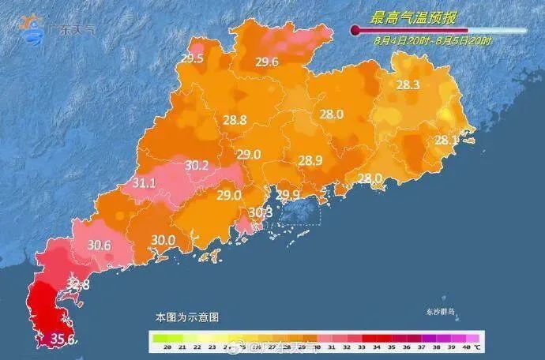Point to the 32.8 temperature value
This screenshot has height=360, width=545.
[x=77, y=283]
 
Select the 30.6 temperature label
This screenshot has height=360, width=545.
[x=99, y=245]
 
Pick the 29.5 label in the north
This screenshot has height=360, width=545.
[x=192, y=58]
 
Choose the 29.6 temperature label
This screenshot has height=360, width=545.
[x=266, y=62]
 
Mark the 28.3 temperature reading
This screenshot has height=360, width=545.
[x=407, y=84]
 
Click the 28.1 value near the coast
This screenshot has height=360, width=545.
[x=446, y=140]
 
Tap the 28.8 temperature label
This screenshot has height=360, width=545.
[x=235, y=120]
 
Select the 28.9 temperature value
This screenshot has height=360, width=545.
[x=310, y=160]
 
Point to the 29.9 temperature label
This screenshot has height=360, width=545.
[x=288, y=194]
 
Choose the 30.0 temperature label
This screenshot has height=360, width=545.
[x=162, y=239]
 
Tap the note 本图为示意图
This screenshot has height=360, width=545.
[x=186, y=316]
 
